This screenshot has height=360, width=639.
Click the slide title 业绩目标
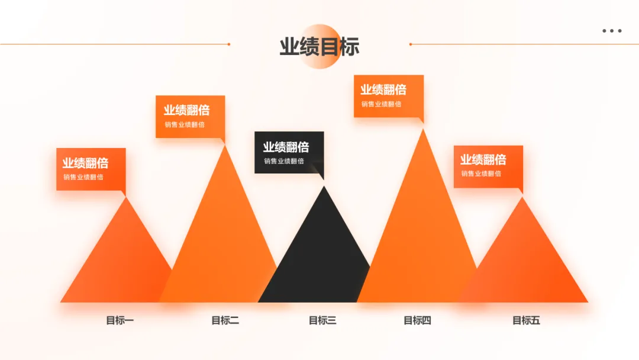[x=319, y=47]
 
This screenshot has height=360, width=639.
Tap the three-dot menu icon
[x=612, y=31]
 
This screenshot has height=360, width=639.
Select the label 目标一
[x=120, y=321]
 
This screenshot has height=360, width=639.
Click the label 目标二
[x=225, y=321]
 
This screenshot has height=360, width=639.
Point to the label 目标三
[x=322, y=321]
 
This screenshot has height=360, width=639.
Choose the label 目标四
[x=418, y=321]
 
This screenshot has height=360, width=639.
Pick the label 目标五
[x=526, y=321]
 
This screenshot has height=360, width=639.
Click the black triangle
[x=319, y=261]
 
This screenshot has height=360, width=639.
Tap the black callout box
[x=289, y=152]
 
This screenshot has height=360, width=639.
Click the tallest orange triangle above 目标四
[x=421, y=237]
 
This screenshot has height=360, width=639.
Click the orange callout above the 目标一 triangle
[x=91, y=169]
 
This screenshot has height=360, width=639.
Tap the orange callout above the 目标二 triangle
[x=190, y=116]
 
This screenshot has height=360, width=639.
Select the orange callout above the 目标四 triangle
[x=388, y=95]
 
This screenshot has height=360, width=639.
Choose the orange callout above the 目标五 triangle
[x=488, y=166]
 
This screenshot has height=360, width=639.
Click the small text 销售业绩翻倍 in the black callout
[x=284, y=161]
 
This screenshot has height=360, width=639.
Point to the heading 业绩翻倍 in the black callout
[x=286, y=147]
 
